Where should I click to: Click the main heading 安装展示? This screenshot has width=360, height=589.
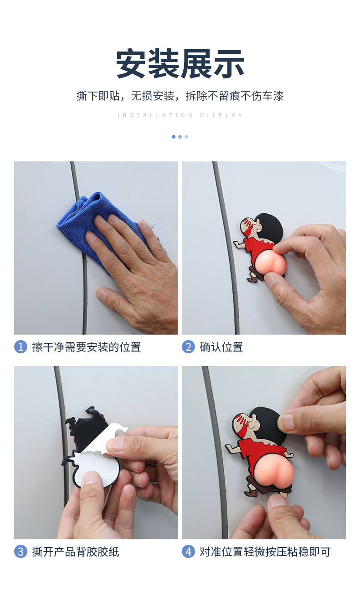pyautogui.click(x=180, y=64)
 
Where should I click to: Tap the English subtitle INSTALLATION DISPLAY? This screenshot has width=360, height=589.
pyautogui.click(x=180, y=115)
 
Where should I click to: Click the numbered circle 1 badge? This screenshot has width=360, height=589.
pyautogui.click(x=21, y=347)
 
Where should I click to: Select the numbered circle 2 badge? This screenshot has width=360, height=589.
pyautogui.click(x=188, y=347)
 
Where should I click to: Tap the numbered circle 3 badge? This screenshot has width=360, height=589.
pyautogui.click(x=21, y=552)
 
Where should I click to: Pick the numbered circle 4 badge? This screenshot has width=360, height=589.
pyautogui.click(x=188, y=552)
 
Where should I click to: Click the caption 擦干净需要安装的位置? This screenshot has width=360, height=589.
pyautogui.click(x=86, y=347)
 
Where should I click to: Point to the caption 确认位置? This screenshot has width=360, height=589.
pyautogui.click(x=221, y=347)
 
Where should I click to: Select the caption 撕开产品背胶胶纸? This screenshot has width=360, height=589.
pyautogui.click(x=75, y=552)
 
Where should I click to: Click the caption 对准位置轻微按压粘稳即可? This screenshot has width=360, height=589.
pyautogui.click(x=265, y=552)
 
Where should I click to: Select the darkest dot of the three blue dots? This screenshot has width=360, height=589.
pyautogui.click(x=174, y=137)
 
